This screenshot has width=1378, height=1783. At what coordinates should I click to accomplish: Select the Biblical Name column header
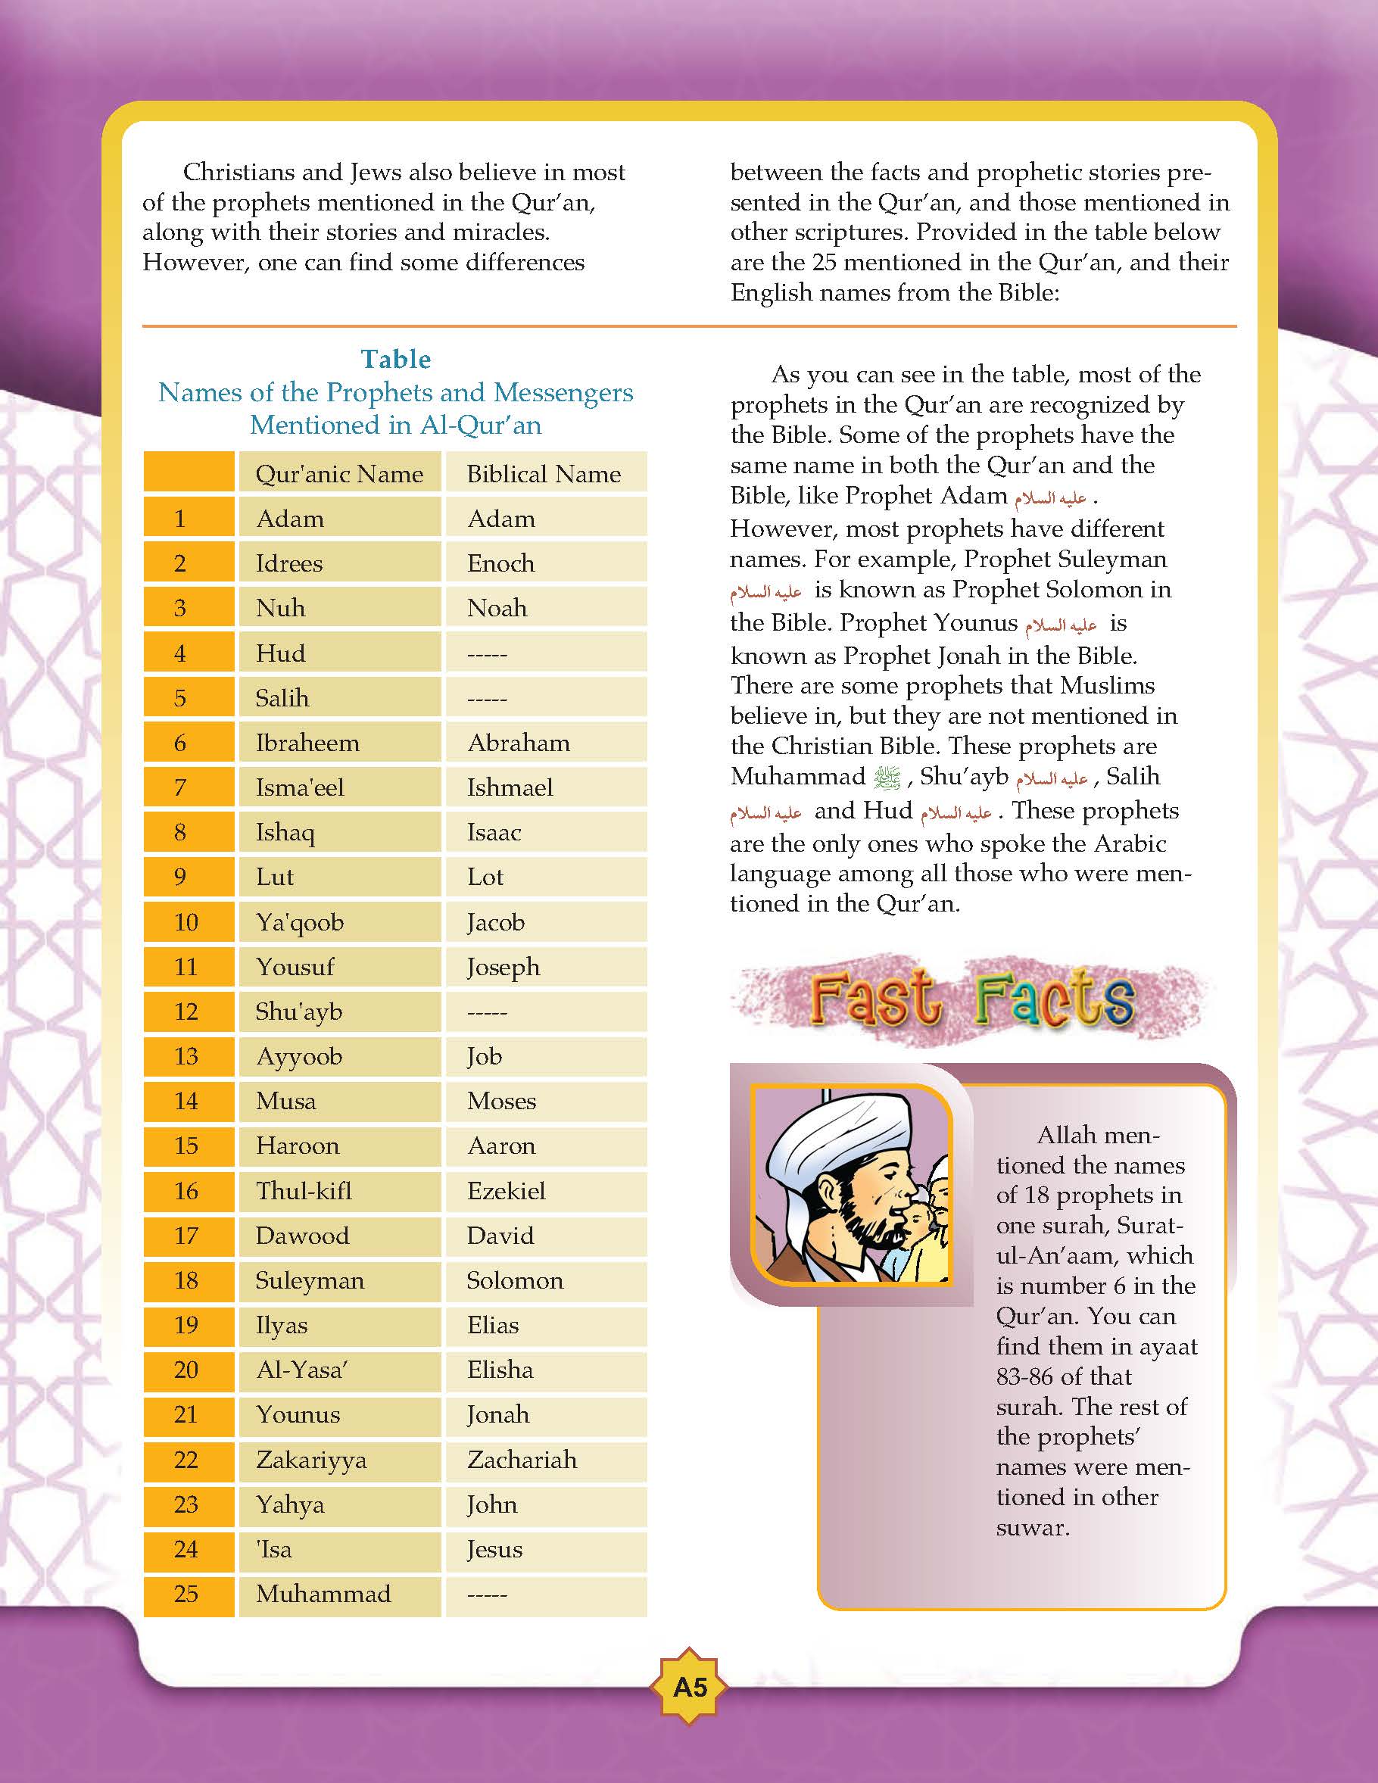[x=544, y=473]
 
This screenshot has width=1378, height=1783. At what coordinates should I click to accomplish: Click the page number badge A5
[x=690, y=1687]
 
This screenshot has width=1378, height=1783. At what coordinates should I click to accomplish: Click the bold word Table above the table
[x=396, y=359]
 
